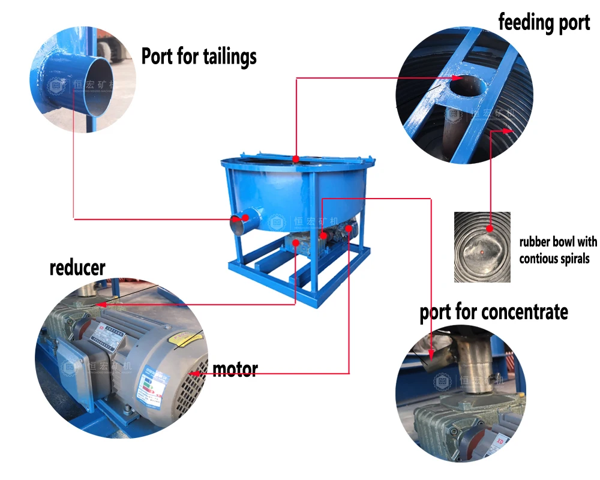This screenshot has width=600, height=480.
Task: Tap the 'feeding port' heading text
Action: tap(544, 23)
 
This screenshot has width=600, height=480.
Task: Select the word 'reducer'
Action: tap(77, 267)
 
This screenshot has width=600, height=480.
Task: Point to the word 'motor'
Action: tap(235, 369)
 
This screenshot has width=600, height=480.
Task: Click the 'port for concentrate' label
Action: tap(493, 312)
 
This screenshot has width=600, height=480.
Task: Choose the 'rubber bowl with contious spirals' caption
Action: tap(558, 250)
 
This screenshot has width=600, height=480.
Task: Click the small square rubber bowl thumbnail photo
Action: tap(482, 247)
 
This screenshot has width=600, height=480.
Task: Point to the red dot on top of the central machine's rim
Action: tap(296, 158)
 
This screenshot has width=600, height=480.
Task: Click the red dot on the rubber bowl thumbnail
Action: tap(490, 228)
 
